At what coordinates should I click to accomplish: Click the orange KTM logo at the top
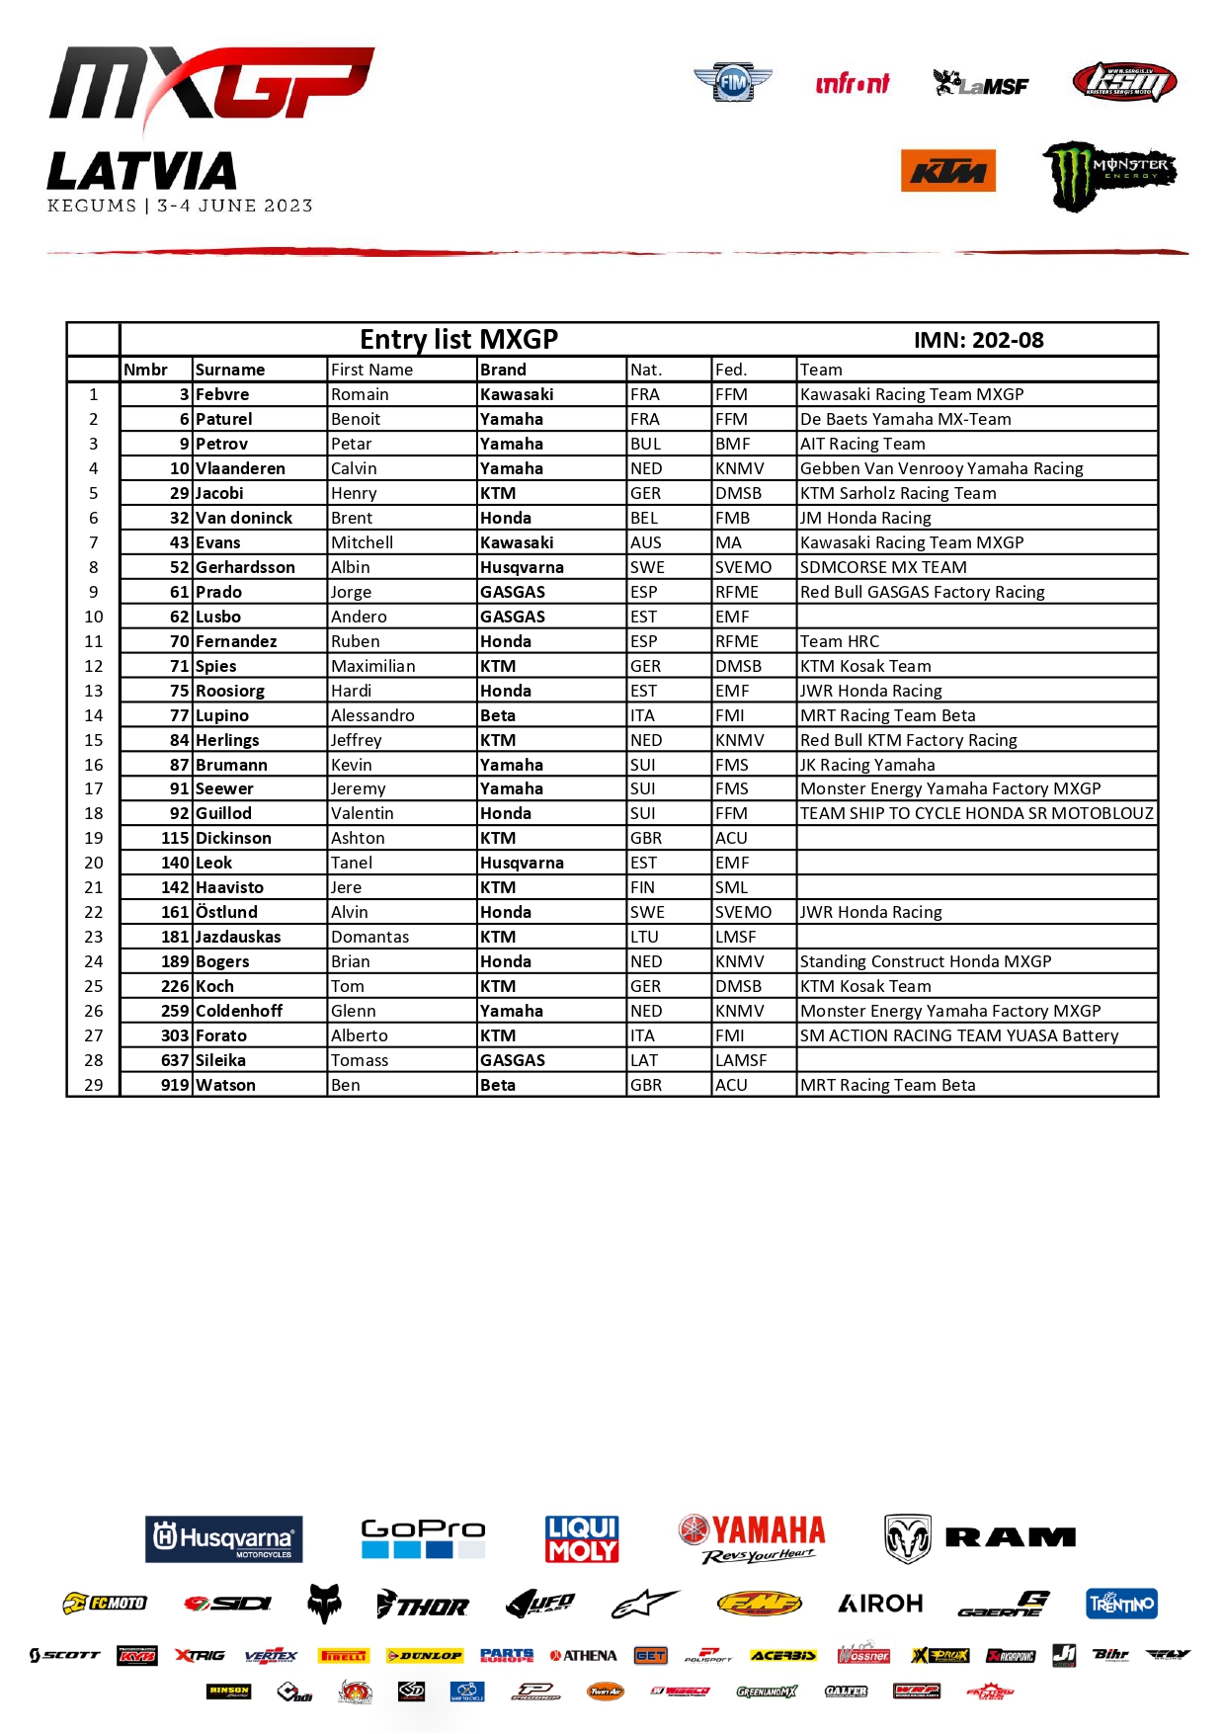947,171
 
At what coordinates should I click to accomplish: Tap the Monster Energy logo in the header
1109,175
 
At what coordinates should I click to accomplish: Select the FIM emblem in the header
732,83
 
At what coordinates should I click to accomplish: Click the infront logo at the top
852,84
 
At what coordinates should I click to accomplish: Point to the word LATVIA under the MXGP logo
142,172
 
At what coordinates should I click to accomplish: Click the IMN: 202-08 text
978,340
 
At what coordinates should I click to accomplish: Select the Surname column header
230,370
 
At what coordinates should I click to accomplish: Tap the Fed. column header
731,370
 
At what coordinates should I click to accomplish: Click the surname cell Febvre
222,394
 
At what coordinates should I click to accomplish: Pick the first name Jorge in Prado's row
352,592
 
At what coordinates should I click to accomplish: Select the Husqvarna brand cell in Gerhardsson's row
522,567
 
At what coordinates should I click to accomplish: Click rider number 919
175,1085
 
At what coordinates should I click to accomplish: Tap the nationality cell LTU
644,937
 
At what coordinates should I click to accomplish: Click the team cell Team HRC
840,641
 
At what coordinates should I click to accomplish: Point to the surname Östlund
226,912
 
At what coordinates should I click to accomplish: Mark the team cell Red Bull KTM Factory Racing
908,740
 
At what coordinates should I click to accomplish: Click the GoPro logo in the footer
423,1538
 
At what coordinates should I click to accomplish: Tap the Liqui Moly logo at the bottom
582,1538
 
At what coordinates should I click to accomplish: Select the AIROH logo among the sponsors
880,1604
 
